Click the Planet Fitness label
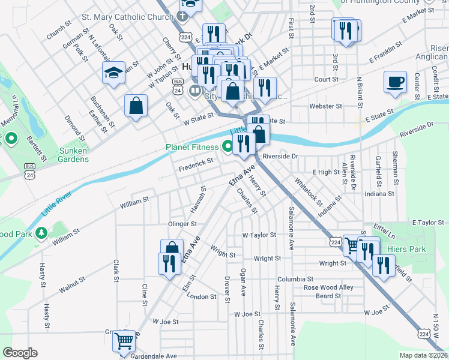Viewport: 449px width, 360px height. tap(192, 147)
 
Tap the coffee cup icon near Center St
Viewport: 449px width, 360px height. tap(395, 82)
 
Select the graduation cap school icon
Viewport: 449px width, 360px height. tap(113, 73)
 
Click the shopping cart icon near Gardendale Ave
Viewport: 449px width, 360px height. tap(124, 341)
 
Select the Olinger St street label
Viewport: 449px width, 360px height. tap(183, 224)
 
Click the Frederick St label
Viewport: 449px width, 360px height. tap(196, 162)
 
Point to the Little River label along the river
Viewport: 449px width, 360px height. tap(56, 204)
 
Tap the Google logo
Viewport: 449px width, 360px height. tap(20, 353)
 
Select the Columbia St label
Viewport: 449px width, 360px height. tap(295, 280)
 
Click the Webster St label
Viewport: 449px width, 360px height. tap(325, 106)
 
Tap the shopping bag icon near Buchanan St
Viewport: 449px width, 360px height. tap(136, 106)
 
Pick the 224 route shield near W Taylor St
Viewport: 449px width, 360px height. tap(335, 241)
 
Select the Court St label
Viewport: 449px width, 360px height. tap(326, 79)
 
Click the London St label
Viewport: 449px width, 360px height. tap(202, 297)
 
